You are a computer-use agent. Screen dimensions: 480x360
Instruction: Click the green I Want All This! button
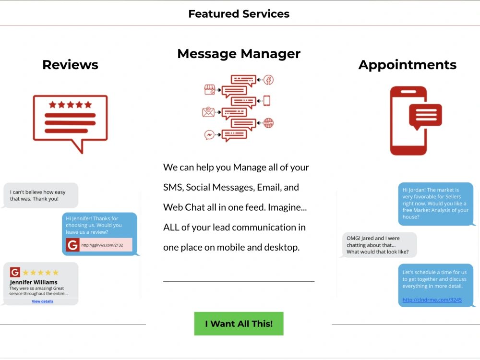pyautogui.click(x=239, y=324)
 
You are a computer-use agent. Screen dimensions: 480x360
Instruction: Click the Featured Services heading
pyautogui.click(x=239, y=14)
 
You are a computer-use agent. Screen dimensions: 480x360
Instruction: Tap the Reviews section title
pyautogui.click(x=71, y=65)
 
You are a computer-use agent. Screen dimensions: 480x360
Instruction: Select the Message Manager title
pyautogui.click(x=239, y=54)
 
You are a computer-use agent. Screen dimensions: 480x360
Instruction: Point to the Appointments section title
pyautogui.click(x=408, y=65)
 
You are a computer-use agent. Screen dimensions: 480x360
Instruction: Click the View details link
pyautogui.click(x=42, y=301)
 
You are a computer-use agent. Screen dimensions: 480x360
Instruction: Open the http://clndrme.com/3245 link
pyautogui.click(x=432, y=300)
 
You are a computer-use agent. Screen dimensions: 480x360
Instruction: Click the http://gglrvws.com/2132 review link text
pyautogui.click(x=102, y=245)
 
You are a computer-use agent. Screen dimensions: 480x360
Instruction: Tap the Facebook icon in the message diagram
pyautogui.click(x=268, y=80)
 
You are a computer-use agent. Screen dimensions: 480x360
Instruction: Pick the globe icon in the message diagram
pyautogui.click(x=268, y=123)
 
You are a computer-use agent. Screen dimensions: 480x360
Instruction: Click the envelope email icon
pyautogui.click(x=208, y=112)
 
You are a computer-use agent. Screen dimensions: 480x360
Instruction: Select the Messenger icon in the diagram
pyautogui.click(x=209, y=135)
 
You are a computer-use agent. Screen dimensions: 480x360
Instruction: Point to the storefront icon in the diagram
pyautogui.click(x=210, y=90)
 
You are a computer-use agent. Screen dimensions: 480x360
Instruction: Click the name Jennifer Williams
pyautogui.click(x=34, y=282)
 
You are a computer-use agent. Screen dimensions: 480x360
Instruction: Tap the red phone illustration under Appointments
pyautogui.click(x=408, y=120)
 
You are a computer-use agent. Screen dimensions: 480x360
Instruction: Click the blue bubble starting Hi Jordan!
pyautogui.click(x=436, y=204)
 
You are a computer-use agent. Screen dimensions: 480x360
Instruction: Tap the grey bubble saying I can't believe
pyautogui.click(x=41, y=195)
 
